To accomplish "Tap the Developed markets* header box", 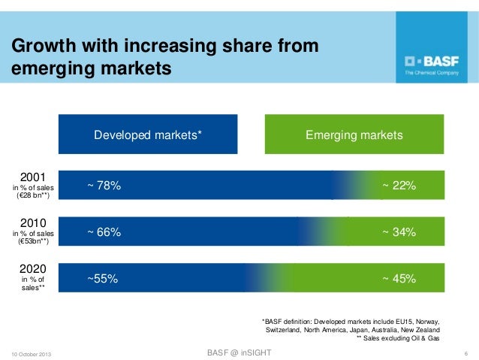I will (148, 135).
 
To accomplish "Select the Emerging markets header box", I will (354, 135).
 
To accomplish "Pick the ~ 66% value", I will (104, 232).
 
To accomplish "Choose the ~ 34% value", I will (399, 232).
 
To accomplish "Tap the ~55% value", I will (102, 279).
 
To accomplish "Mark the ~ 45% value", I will (399, 279).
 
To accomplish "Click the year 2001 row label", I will (33, 176).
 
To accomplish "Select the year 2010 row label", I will (33, 223).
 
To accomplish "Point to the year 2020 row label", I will (33, 268).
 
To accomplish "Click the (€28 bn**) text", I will (33, 196).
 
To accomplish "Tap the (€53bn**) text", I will (33, 243).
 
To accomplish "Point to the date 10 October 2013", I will (32, 353).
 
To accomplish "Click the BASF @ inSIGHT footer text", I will (239, 352).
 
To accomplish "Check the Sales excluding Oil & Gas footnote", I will (398, 339).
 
